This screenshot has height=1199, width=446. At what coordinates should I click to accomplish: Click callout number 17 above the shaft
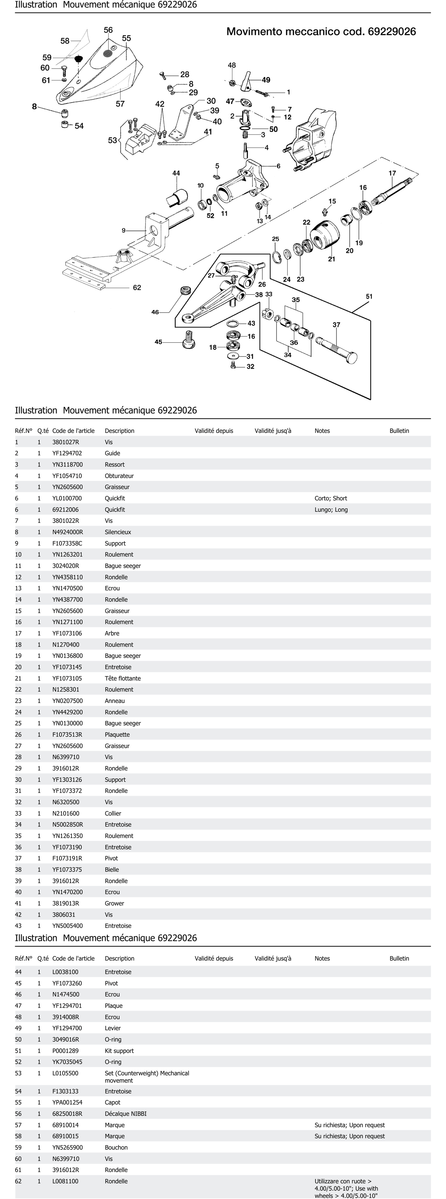point(392,173)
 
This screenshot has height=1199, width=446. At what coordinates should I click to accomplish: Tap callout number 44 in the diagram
point(176,173)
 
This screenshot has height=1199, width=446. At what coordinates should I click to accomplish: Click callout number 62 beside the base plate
point(137,288)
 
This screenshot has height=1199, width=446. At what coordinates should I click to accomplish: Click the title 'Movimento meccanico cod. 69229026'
point(321,32)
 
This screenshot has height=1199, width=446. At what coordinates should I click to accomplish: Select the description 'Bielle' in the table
point(112,869)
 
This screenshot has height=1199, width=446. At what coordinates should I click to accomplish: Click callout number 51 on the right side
point(369,297)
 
